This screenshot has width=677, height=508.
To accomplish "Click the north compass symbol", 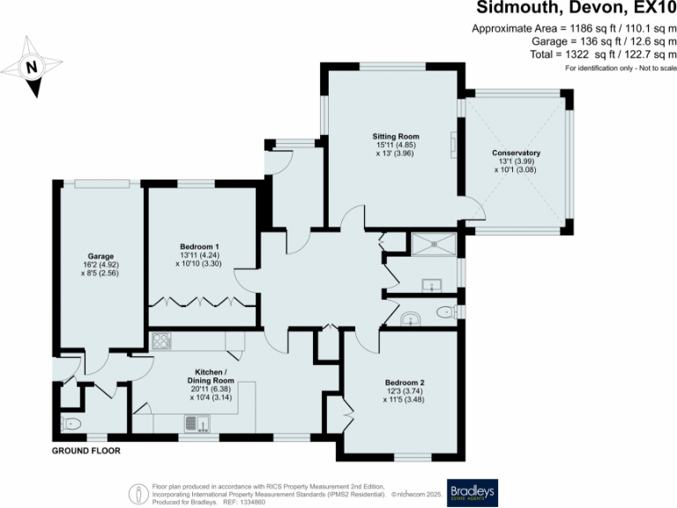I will pyautogui.click(x=33, y=66).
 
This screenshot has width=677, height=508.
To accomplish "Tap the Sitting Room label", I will pyautogui.click(x=394, y=137).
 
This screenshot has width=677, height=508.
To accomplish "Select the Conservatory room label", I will pyautogui.click(x=517, y=153).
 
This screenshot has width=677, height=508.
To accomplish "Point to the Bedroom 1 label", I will pyautogui.click(x=199, y=245).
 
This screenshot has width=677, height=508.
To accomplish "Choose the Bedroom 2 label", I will pyautogui.click(x=404, y=381).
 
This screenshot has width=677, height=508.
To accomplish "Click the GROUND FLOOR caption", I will pyautogui.click(x=85, y=451).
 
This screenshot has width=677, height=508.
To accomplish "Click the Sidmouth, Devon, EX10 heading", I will pyautogui.click(x=577, y=9).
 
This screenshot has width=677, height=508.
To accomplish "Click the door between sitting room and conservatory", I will pyautogui.click(x=473, y=208).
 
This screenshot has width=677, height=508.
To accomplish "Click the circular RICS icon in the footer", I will pyautogui.click(x=138, y=492).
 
